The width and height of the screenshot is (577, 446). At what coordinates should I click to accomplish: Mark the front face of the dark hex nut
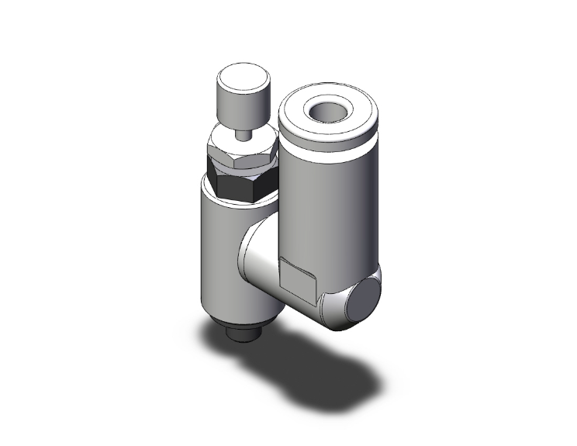[237, 186]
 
